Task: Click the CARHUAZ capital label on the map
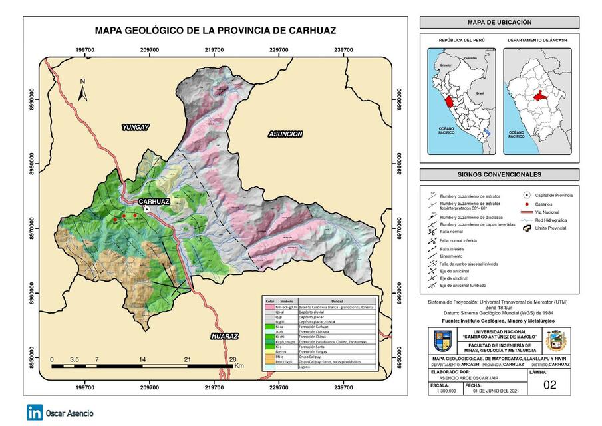pos(154,201)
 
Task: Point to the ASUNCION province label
pos(285,134)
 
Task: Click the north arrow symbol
pos(83,91)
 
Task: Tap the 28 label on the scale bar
pos(232,359)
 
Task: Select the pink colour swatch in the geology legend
pos(269,308)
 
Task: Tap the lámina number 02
pos(549,384)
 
